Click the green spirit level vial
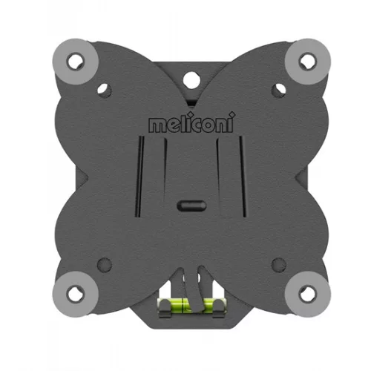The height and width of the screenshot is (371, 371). (x=191, y=305)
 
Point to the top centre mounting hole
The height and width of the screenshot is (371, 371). (x=191, y=79)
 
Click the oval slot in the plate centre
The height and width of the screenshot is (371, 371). (x=191, y=206)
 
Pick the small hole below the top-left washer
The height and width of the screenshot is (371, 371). (x=105, y=91)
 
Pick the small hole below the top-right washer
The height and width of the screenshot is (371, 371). (x=279, y=91)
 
